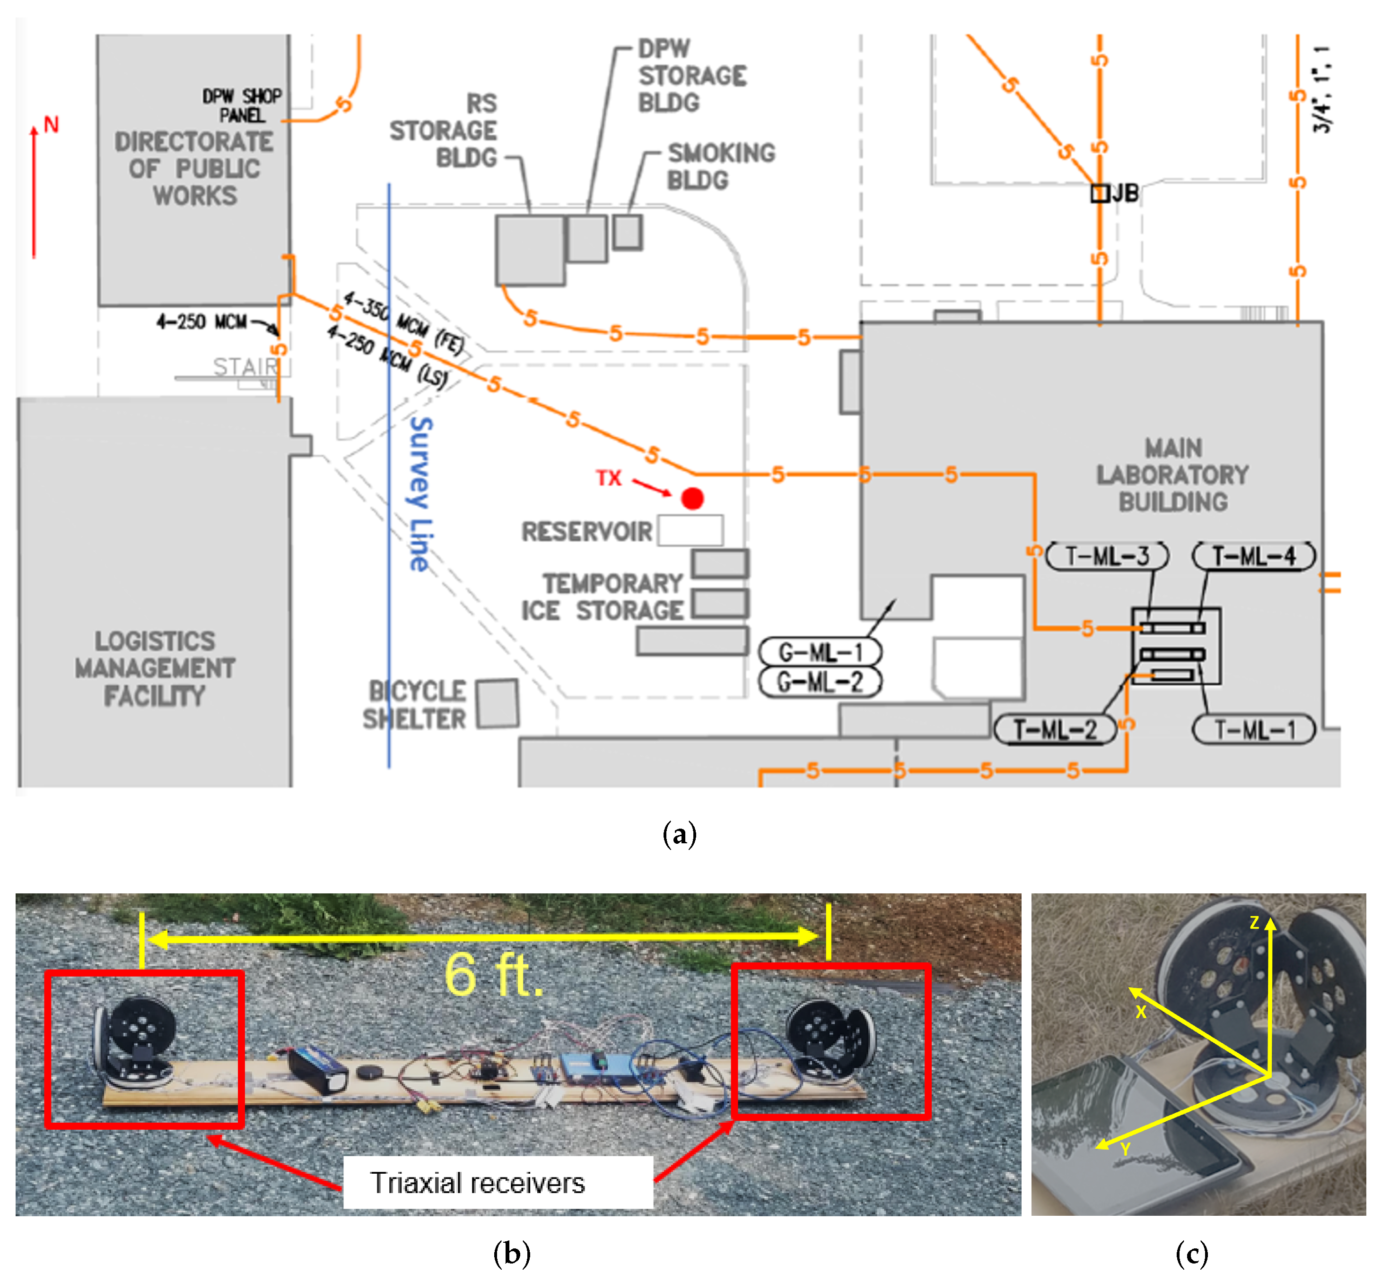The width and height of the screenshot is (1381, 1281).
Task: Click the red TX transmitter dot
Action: (692, 498)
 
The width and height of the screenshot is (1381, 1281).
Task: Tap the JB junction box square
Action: (1100, 193)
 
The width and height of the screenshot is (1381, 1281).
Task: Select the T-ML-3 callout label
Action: (1107, 556)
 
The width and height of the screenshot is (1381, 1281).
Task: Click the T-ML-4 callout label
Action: (1253, 556)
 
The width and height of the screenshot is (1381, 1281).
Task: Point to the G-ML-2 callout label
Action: (820, 682)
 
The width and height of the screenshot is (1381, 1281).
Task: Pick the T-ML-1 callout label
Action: (1253, 730)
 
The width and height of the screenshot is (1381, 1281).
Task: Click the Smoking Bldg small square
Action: (627, 232)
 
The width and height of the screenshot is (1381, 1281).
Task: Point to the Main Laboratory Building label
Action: (1172, 475)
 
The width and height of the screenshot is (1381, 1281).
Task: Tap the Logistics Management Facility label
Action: (155, 668)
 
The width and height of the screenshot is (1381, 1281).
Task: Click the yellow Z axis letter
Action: (1254, 923)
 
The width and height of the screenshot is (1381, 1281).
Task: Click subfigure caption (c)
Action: (1192, 1253)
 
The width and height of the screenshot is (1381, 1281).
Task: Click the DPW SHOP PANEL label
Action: (242, 105)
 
